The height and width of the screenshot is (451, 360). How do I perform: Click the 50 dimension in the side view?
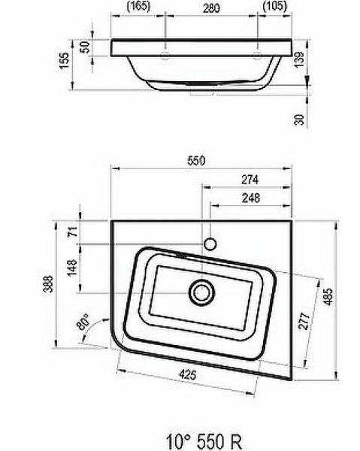pyautogui.click(x=85, y=47)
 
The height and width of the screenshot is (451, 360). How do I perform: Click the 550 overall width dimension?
pyautogui.click(x=198, y=159)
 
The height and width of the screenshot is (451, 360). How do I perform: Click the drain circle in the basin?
pyautogui.click(x=201, y=291)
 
